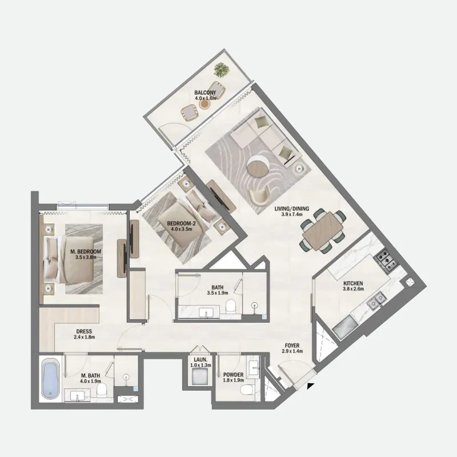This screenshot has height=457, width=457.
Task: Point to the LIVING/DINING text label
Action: point(295,209)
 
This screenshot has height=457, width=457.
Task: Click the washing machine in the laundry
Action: point(200,376)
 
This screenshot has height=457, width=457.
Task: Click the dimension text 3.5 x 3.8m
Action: point(86,258)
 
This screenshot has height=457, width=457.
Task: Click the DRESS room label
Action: point(84,331)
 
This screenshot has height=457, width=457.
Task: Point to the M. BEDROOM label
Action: point(86,251)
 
